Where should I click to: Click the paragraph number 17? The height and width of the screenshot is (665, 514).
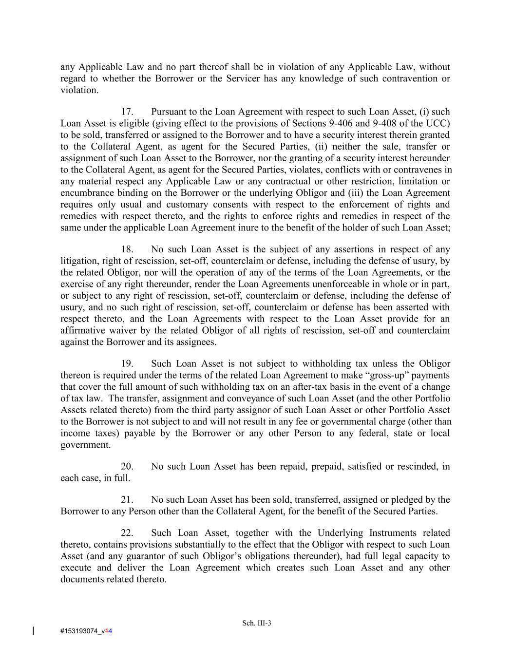pos(127,112)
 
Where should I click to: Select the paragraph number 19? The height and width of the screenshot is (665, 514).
pos(127,364)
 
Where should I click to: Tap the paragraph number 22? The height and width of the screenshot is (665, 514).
pos(127,533)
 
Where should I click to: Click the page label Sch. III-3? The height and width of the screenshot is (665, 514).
pos(257,623)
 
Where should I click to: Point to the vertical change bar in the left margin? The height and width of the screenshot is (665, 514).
pos(33,631)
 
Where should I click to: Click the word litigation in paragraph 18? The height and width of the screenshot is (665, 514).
pos(79,261)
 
